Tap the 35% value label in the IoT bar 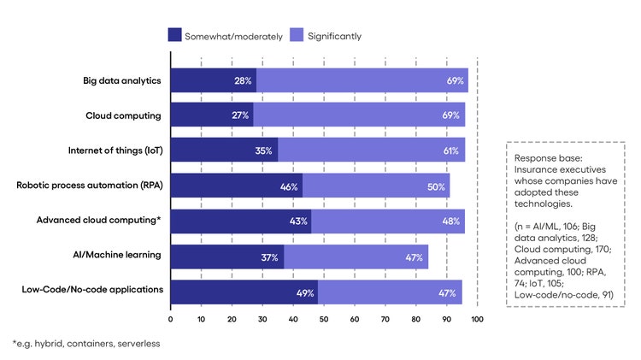[x=263, y=151]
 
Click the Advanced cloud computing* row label [x=99, y=220]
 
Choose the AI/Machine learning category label [x=116, y=254]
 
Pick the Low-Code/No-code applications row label [x=92, y=289]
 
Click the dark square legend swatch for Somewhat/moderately [x=174, y=35]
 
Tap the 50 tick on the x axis [x=324, y=319]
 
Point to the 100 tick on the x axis [x=477, y=319]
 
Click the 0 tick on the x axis [x=171, y=319]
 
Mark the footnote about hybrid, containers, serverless [x=85, y=343]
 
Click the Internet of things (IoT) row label [x=115, y=150]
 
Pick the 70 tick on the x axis [x=385, y=319]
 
